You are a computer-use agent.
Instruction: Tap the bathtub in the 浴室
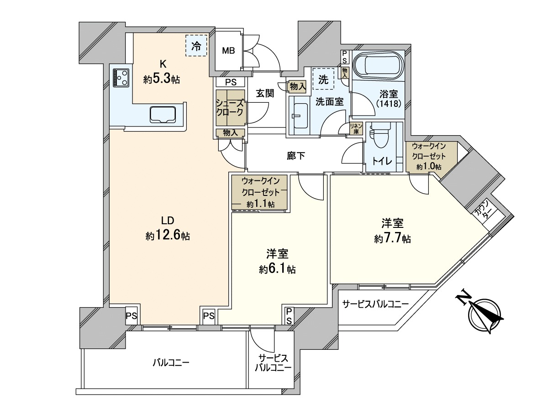tap(378, 66)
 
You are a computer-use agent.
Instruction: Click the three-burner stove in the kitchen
tap(121, 77)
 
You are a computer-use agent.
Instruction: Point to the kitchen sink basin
tap(163, 114)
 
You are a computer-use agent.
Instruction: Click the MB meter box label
tap(229, 51)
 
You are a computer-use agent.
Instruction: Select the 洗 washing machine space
tap(323, 79)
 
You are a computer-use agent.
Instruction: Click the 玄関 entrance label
tap(265, 93)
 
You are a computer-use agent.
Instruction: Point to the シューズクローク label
tap(230, 108)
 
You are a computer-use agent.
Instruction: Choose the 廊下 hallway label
tap(296, 156)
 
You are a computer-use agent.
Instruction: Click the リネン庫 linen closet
tap(356, 129)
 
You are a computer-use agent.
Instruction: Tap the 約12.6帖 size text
tap(168, 236)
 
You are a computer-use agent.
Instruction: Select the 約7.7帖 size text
tap(392, 239)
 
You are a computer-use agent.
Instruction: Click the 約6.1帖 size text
tap(277, 269)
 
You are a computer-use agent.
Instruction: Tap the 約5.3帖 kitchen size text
tap(162, 79)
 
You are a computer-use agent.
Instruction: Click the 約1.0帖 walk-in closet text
tap(429, 166)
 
